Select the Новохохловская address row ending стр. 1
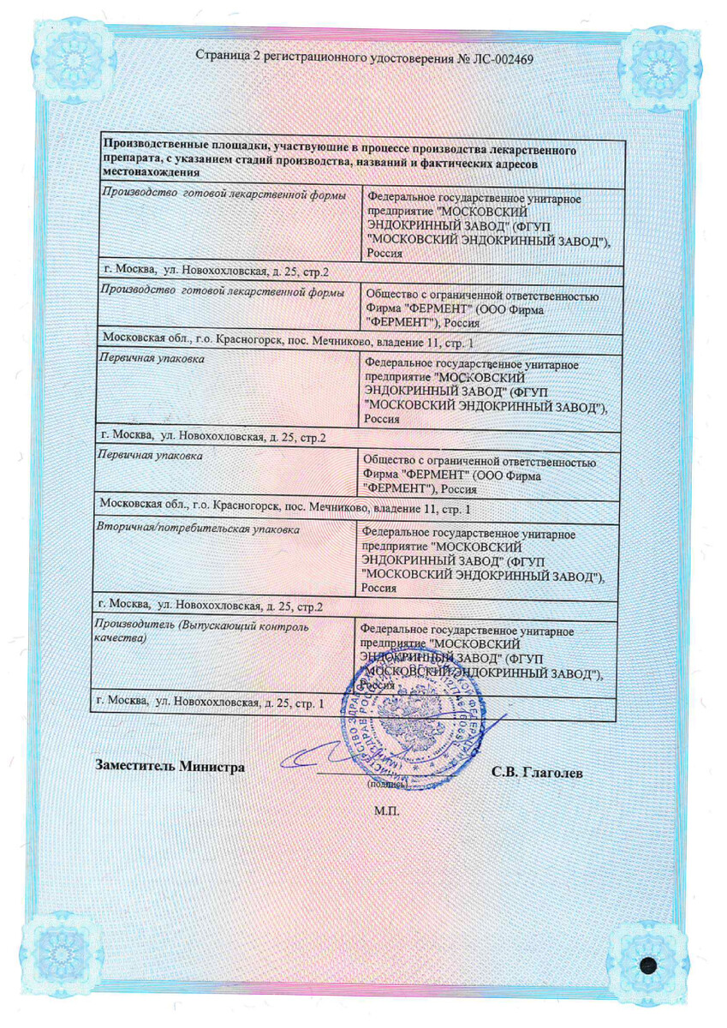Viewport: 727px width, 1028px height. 210,702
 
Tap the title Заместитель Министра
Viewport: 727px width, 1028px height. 170,767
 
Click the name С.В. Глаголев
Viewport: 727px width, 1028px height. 537,773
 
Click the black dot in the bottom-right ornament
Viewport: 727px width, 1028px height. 648,965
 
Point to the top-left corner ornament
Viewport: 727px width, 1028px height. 76,64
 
